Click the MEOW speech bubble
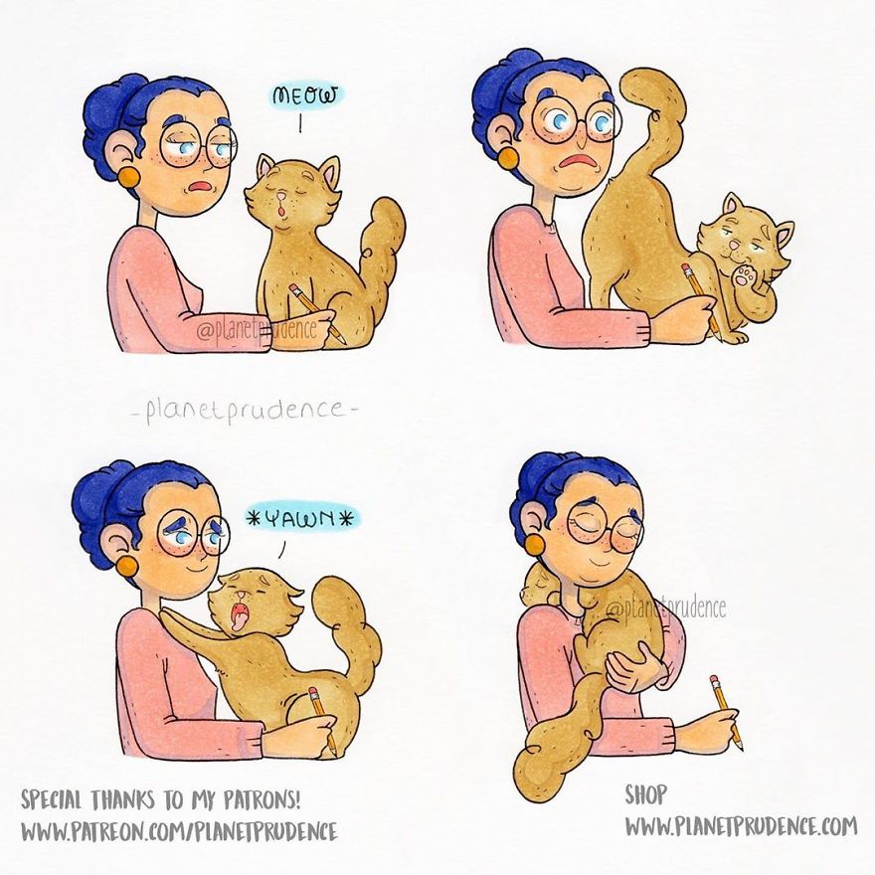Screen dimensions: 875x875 click(306, 96)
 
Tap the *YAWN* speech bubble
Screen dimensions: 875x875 click(302, 518)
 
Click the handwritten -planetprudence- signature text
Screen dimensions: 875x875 click(242, 410)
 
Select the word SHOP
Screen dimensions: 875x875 click(645, 794)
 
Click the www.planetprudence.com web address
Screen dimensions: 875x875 click(740, 825)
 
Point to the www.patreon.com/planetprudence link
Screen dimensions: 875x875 click(179, 830)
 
